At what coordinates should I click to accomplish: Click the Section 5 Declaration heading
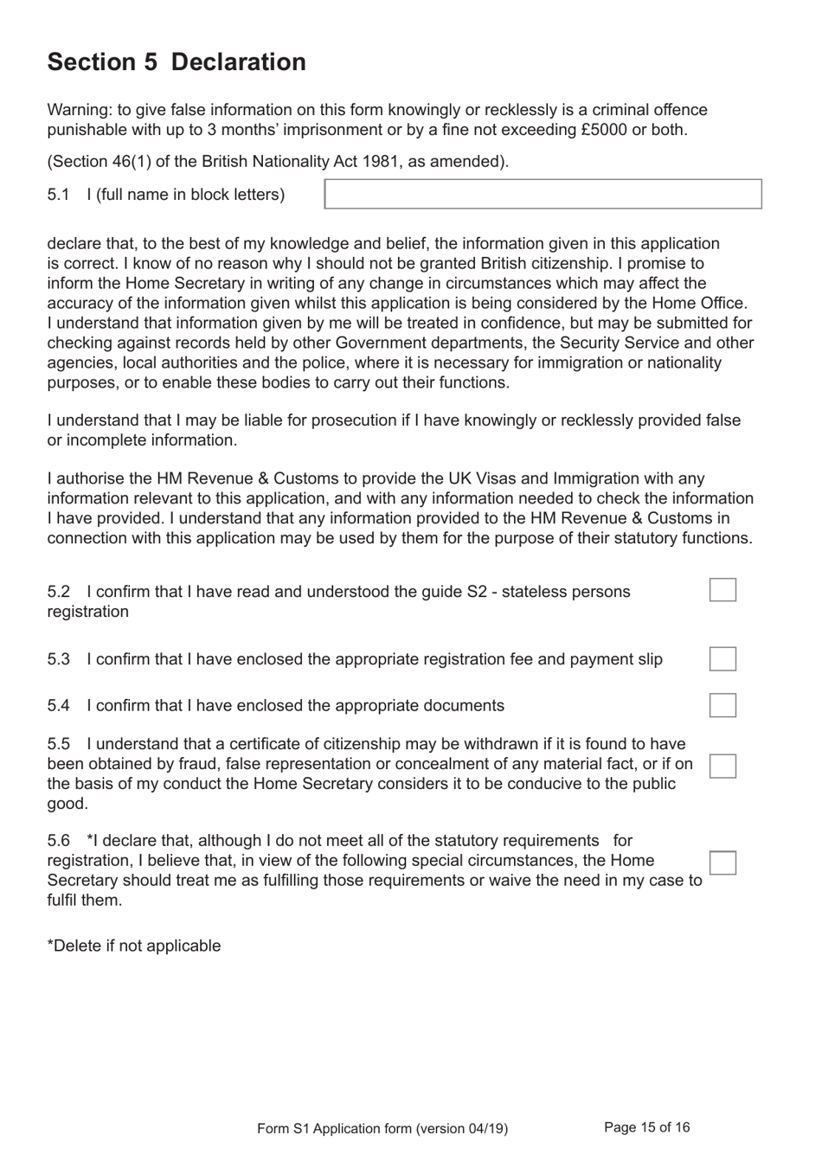tap(177, 62)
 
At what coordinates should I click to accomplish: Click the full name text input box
tap(543, 194)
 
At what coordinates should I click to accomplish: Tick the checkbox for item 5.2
tap(722, 590)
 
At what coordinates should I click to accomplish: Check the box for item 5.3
tap(722, 659)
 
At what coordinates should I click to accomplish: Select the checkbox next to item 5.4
tap(722, 705)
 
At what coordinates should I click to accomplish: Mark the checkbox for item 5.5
tap(722, 766)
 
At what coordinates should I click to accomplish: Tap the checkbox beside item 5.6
tap(722, 863)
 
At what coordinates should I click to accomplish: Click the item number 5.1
tap(58, 195)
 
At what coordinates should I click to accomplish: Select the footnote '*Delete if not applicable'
tap(134, 946)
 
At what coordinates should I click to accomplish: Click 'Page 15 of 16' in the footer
tap(646, 1127)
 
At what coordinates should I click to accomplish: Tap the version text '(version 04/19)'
tap(461, 1128)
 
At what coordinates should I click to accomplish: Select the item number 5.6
tap(58, 841)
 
